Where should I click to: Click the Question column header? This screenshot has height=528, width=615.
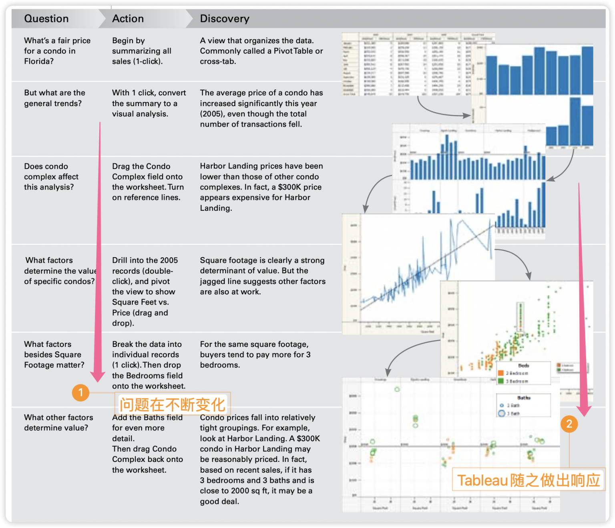(46, 19)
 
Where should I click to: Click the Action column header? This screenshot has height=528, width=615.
(128, 19)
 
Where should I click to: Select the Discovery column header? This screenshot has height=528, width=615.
(225, 19)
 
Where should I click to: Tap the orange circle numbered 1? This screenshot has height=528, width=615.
(80, 392)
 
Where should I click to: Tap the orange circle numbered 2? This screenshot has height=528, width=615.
(569, 424)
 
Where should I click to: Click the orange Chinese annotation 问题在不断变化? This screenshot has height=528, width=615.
(173, 405)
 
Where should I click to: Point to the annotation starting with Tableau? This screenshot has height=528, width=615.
(529, 480)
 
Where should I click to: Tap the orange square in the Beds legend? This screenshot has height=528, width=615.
(500, 373)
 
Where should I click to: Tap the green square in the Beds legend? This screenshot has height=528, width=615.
(500, 381)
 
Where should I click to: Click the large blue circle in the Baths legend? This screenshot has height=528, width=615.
(502, 413)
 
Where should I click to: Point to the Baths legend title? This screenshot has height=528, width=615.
(524, 398)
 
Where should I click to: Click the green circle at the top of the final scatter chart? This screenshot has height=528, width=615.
(397, 389)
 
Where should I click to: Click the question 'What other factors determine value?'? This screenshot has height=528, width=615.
(58, 423)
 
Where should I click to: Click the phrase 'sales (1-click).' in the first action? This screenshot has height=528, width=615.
(137, 61)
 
